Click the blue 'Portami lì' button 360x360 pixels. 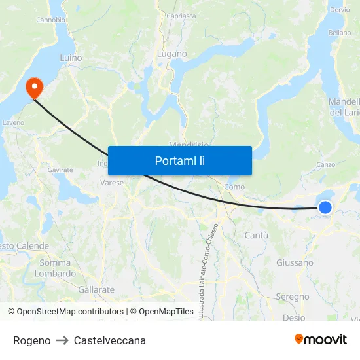(x=179, y=160)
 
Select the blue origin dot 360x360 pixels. (x=325, y=207)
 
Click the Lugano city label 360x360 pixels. (x=171, y=54)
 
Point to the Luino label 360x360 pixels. (x=71, y=58)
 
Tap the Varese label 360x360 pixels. (x=112, y=183)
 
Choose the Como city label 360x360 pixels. (x=234, y=187)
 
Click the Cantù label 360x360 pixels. (x=256, y=235)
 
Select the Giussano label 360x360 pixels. (x=295, y=262)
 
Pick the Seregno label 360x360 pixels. (x=293, y=297)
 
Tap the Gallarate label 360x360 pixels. (x=96, y=289)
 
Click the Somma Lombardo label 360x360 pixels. (x=55, y=268)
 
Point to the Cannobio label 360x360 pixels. (x=50, y=20)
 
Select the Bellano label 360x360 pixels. (x=340, y=32)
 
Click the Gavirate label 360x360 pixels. (x=60, y=170)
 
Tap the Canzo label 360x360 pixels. (x=325, y=164)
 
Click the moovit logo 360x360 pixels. (x=321, y=340)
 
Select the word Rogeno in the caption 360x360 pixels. (x=31, y=340)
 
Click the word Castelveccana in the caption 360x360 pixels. (x=110, y=340)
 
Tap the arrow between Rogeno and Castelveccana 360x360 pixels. (x=62, y=340)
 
